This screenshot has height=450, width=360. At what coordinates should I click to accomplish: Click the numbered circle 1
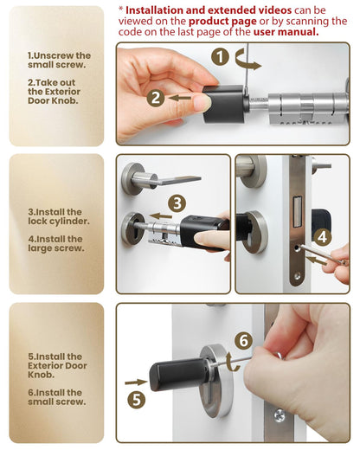click(x=221, y=59)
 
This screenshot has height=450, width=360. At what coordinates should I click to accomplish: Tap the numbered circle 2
click(x=157, y=98)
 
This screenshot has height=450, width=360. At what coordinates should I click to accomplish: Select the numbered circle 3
click(x=177, y=204)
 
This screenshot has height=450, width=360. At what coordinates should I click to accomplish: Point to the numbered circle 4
click(x=322, y=235)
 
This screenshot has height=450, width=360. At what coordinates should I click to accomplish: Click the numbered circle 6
click(x=243, y=340)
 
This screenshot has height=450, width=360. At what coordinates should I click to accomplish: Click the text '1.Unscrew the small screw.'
click(x=59, y=61)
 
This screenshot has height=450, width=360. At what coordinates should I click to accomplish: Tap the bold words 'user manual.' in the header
click(x=286, y=31)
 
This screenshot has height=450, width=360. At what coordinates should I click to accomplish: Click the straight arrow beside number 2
click(x=180, y=98)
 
